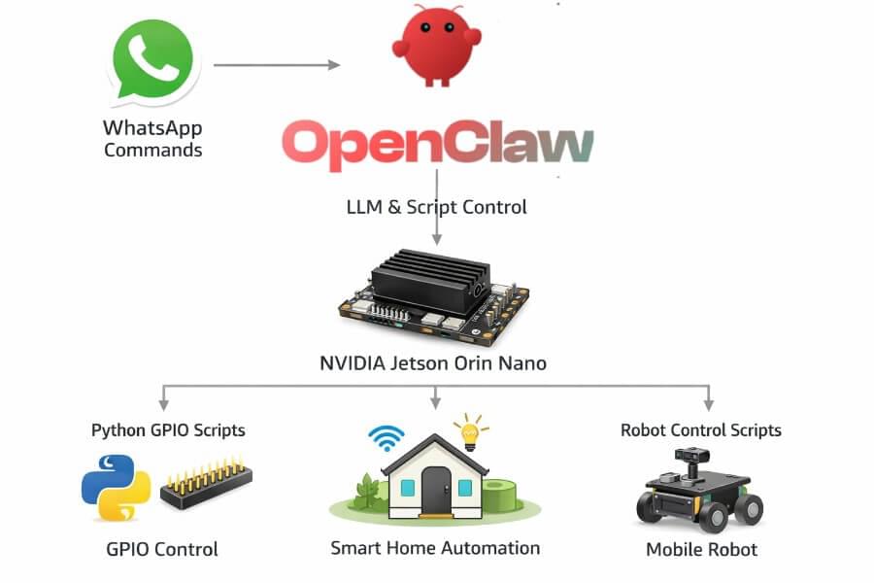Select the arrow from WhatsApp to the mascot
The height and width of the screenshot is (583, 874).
point(277,65)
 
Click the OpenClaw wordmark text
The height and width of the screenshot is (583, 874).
point(437,145)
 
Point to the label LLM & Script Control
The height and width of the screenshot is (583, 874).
point(436,207)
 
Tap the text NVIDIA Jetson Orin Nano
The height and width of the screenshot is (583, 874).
point(433,364)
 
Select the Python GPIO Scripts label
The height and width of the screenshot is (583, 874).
point(168,429)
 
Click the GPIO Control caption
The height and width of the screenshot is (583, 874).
point(162,549)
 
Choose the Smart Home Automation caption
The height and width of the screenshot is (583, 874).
point(435,548)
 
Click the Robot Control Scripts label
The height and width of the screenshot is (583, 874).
point(701,429)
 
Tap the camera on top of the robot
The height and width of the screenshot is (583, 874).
point(692,457)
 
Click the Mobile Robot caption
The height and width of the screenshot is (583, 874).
point(701,550)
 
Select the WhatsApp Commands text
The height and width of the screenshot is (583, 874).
point(152,139)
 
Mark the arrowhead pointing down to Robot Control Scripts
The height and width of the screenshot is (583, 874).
point(709,402)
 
